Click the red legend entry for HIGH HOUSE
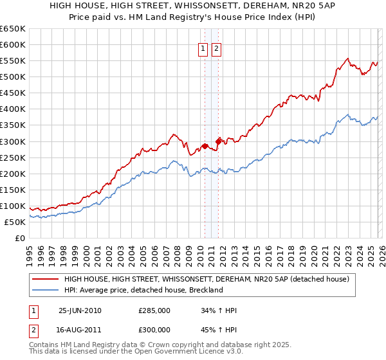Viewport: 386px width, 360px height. point(206,279)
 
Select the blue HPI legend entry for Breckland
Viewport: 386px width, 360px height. point(143,290)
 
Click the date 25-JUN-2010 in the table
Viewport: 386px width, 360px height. point(80,310)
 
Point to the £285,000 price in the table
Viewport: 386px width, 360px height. point(154,310)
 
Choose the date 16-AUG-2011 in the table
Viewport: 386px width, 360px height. point(80,332)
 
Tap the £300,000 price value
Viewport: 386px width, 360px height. point(154,332)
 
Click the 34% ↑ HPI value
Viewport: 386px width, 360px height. point(219,310)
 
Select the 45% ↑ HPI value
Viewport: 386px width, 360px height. point(219,332)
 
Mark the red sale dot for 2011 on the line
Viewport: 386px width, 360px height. point(218,141)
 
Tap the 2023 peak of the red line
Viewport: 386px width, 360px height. point(347,59)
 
